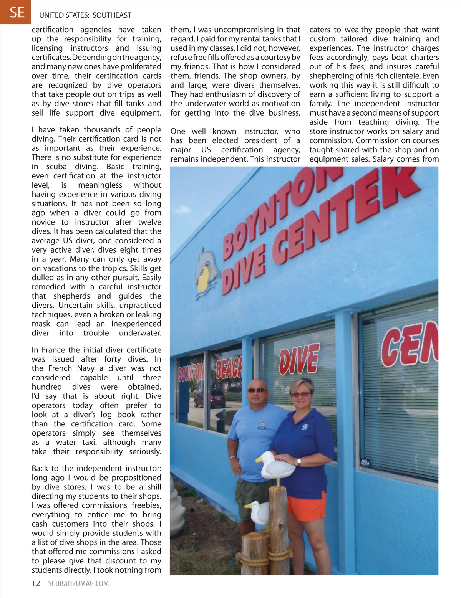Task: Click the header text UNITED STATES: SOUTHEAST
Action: tap(85, 15)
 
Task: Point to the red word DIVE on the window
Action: tap(299, 359)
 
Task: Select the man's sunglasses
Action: tap(256, 390)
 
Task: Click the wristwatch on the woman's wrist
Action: tap(298, 463)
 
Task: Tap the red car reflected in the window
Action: tap(216, 399)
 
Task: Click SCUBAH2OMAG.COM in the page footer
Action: tap(78, 584)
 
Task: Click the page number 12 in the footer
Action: tap(36, 584)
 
